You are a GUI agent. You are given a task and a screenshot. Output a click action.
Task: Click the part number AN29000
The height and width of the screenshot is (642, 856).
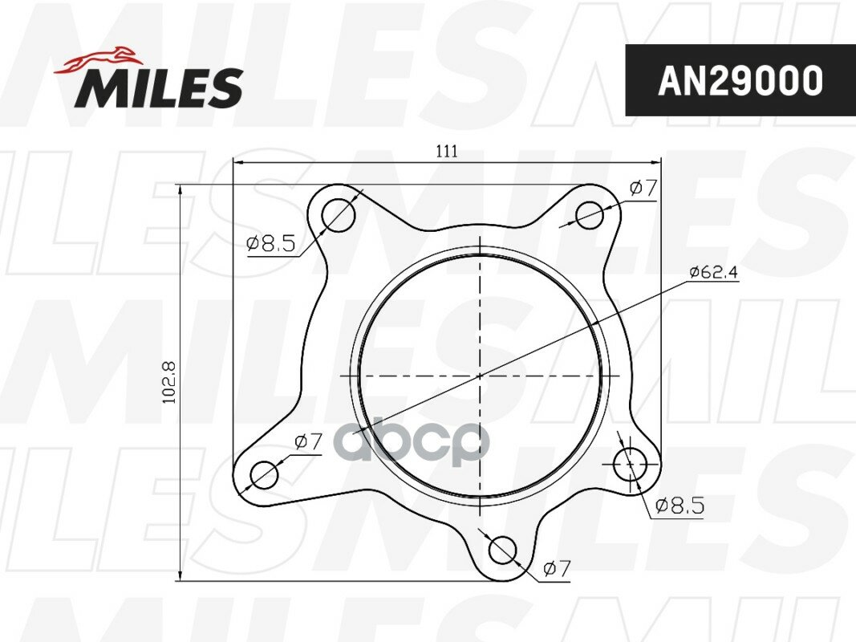click(x=740, y=81)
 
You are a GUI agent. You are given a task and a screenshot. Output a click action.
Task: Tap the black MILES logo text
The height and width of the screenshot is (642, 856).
click(x=159, y=87)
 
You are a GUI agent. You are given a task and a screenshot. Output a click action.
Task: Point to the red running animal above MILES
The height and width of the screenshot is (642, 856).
click(x=97, y=61)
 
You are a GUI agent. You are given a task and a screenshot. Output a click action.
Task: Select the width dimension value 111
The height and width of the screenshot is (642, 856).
click(x=447, y=151)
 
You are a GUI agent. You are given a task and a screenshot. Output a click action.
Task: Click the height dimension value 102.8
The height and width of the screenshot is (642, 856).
click(x=170, y=382)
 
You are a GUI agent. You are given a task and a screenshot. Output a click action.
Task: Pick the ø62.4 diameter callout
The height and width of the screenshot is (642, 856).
click(x=713, y=271)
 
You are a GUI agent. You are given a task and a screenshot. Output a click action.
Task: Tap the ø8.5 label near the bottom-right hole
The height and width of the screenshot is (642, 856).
click(x=680, y=506)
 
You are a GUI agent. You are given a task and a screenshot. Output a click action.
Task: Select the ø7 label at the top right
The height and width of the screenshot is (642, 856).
click(x=643, y=189)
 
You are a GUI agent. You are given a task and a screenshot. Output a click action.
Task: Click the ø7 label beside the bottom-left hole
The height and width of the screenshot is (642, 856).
click(x=308, y=441)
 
